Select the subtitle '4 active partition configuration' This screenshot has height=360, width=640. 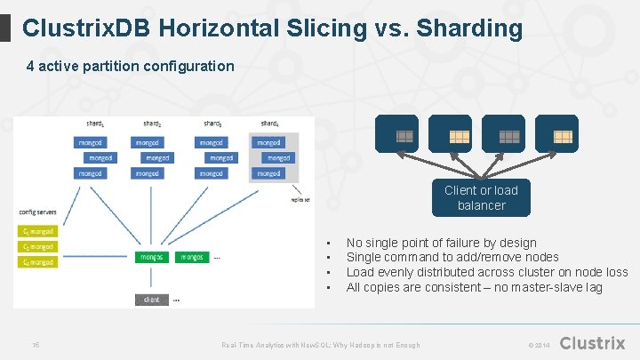(130, 66)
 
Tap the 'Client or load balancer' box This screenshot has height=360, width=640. (481, 197)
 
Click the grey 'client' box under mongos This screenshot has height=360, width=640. (152, 300)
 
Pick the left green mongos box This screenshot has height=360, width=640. (152, 257)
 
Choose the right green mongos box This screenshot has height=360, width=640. (192, 257)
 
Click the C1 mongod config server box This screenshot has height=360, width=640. (37, 231)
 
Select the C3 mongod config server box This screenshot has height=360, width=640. (37, 261)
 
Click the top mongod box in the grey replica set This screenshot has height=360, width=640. (268, 142)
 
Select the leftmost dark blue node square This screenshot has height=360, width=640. (404, 134)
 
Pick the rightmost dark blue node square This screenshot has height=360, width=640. (563, 134)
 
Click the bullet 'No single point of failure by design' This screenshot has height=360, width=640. (441, 243)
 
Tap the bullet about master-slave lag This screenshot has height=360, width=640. (474, 287)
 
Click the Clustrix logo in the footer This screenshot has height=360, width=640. (593, 343)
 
